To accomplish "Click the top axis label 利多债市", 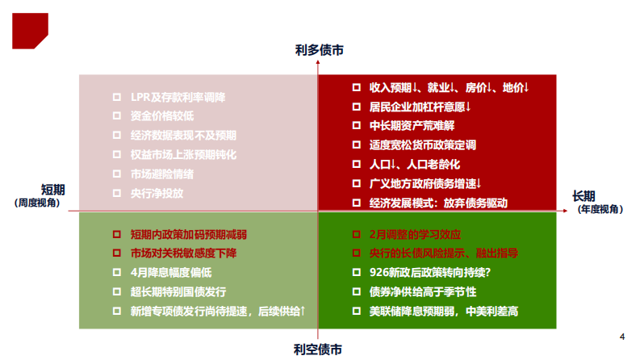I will pyautogui.click(x=319, y=50).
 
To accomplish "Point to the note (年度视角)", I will pyautogui.click(x=600, y=209).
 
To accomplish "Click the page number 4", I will pyautogui.click(x=621, y=337).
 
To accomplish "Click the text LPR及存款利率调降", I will pyautogui.click(x=178, y=97).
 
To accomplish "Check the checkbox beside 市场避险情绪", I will pyautogui.click(x=117, y=174).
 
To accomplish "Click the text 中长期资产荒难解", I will pyautogui.click(x=412, y=125).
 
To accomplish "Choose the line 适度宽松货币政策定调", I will pyautogui.click(x=422, y=144).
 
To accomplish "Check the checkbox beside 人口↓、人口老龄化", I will pyautogui.click(x=357, y=165).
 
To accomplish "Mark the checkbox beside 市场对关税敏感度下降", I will pyautogui.click(x=117, y=253).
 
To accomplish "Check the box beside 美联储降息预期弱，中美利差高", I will pyautogui.click(x=357, y=312).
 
